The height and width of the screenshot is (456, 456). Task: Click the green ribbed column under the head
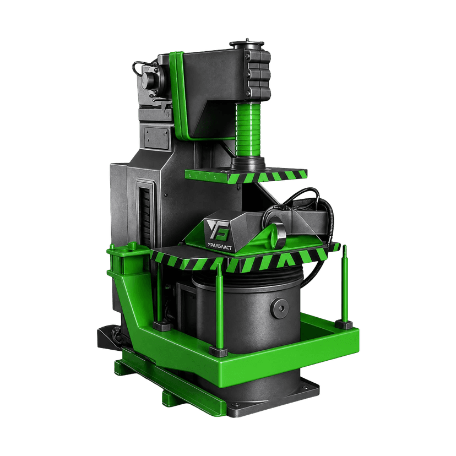[x=248, y=131]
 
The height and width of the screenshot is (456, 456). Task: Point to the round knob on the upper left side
[x=150, y=79]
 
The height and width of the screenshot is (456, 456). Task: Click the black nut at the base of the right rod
[x=344, y=324]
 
